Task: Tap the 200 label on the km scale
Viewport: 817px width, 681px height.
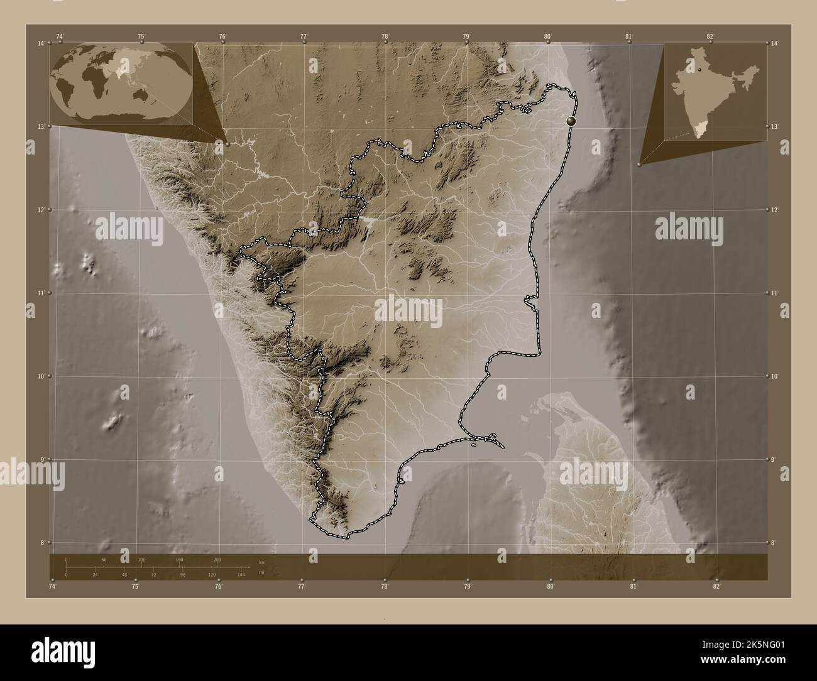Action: pos(217,559)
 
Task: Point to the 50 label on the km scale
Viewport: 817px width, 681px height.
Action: pos(104,559)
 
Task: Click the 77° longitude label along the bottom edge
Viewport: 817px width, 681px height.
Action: pos(302,587)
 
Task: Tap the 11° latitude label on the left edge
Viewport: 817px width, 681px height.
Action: pos(41,293)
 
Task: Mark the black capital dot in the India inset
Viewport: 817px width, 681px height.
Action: pos(698,70)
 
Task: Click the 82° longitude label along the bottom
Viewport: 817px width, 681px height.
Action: pos(717,587)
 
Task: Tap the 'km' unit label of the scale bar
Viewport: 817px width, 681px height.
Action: pos(261,562)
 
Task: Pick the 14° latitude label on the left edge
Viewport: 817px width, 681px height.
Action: pos(41,43)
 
